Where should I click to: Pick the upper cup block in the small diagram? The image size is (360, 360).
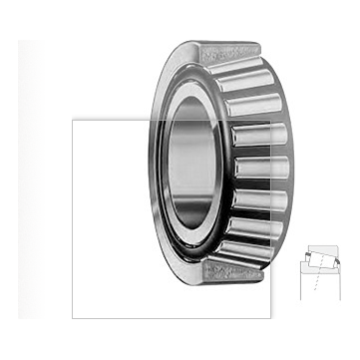tap(324, 248)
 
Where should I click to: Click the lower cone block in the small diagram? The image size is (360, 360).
tap(320, 268)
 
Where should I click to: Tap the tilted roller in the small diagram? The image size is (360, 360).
tap(321, 258)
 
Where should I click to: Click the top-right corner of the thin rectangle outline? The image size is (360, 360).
tap(271, 121)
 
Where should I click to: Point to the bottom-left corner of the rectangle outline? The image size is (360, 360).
tap(73, 318)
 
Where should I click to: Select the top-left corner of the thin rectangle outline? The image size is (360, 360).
tap(73, 121)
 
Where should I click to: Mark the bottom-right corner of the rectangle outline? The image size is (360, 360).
tap(271, 318)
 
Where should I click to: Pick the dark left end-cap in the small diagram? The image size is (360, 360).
tap(308, 254)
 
